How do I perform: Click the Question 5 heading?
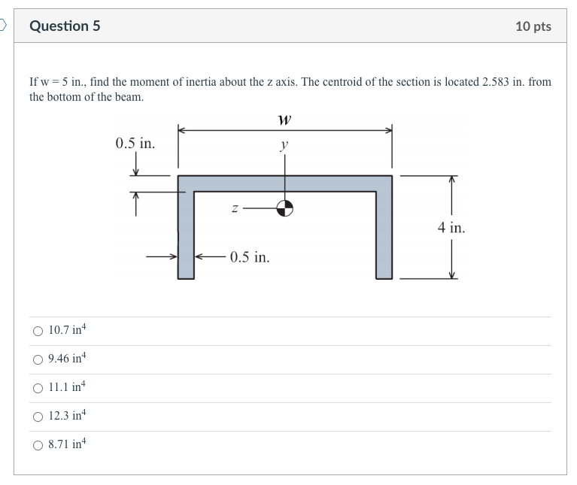(65, 26)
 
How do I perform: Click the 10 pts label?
(533, 26)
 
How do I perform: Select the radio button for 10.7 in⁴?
(38, 331)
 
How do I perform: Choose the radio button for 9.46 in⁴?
(38, 359)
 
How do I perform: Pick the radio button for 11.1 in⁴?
(38, 388)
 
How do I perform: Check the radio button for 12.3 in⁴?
(38, 416)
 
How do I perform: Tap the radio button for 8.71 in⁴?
(38, 444)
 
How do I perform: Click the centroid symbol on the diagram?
(284, 208)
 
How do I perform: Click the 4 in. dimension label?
(451, 227)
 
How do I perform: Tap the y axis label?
(284, 144)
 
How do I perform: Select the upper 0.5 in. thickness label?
(135, 143)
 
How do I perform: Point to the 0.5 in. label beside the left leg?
(250, 257)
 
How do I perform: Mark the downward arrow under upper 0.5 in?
(136, 165)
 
